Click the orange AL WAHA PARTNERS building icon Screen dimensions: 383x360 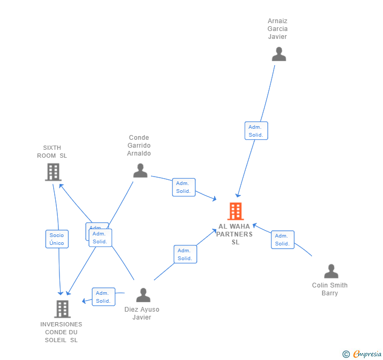235,211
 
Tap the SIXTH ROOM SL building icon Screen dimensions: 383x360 53,172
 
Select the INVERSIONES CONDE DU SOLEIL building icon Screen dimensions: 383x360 62,309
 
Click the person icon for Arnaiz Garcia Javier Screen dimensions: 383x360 278,54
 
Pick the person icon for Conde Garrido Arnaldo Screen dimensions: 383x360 140,171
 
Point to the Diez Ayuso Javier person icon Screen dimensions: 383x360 143,295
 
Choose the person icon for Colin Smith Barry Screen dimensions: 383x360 331,271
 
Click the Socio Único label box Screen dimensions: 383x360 57,239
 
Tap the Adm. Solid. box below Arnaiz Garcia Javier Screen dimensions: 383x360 256,131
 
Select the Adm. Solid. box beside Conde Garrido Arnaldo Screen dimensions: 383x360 184,187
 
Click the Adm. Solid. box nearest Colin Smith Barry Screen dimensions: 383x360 283,240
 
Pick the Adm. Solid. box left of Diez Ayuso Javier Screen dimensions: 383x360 103,297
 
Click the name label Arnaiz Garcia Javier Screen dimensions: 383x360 277,29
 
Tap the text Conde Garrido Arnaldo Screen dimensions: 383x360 139,146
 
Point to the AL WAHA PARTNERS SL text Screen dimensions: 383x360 235,234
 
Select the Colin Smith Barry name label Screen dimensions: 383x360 330,289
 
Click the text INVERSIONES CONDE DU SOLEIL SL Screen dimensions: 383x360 62,332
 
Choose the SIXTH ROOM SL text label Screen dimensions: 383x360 52,152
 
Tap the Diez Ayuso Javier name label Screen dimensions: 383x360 142,313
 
